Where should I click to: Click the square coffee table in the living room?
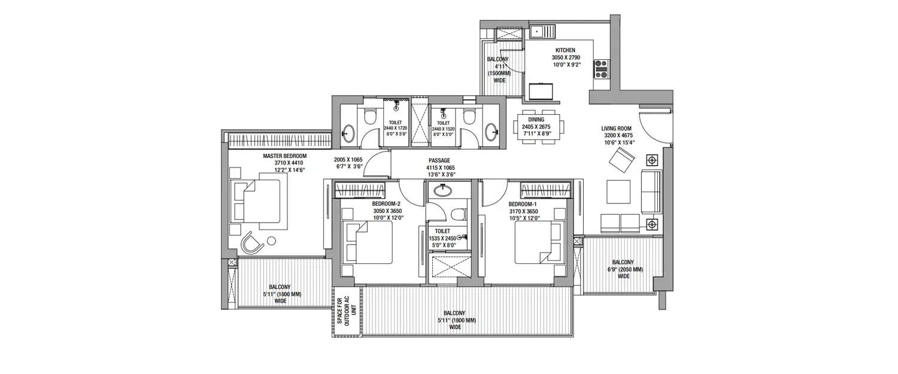click(x=620, y=192)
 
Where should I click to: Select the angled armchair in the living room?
click(x=622, y=160)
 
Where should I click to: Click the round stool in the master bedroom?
click(x=271, y=241)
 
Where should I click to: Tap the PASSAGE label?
click(x=439, y=161)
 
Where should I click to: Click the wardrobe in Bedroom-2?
click(x=359, y=191)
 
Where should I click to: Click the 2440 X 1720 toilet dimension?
click(x=395, y=129)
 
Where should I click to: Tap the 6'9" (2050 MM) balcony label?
click(x=623, y=269)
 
